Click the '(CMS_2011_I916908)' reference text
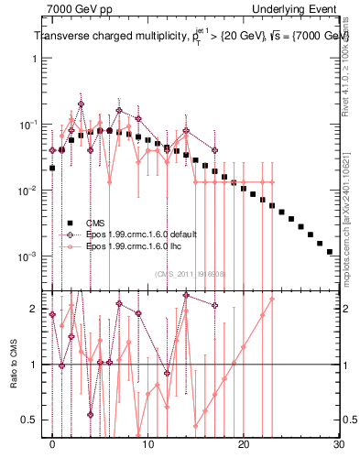click(x=191, y=273)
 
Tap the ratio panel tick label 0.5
click(x=30, y=420)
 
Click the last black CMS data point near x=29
click(x=329, y=251)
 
